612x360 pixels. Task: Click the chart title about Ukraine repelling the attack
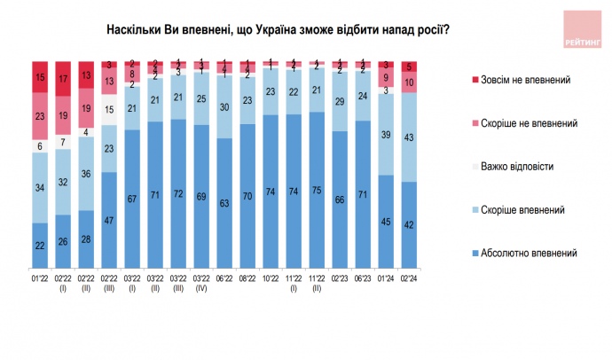(277, 29)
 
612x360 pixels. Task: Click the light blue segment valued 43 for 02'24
(408, 137)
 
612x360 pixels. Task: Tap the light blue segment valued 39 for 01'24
(384, 135)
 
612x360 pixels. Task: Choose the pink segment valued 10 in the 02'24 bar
(408, 82)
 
